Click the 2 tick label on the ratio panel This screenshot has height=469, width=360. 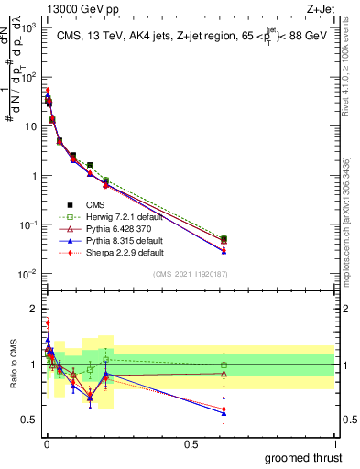tap(33, 309)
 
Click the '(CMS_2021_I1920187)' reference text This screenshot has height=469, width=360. tap(190, 274)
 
